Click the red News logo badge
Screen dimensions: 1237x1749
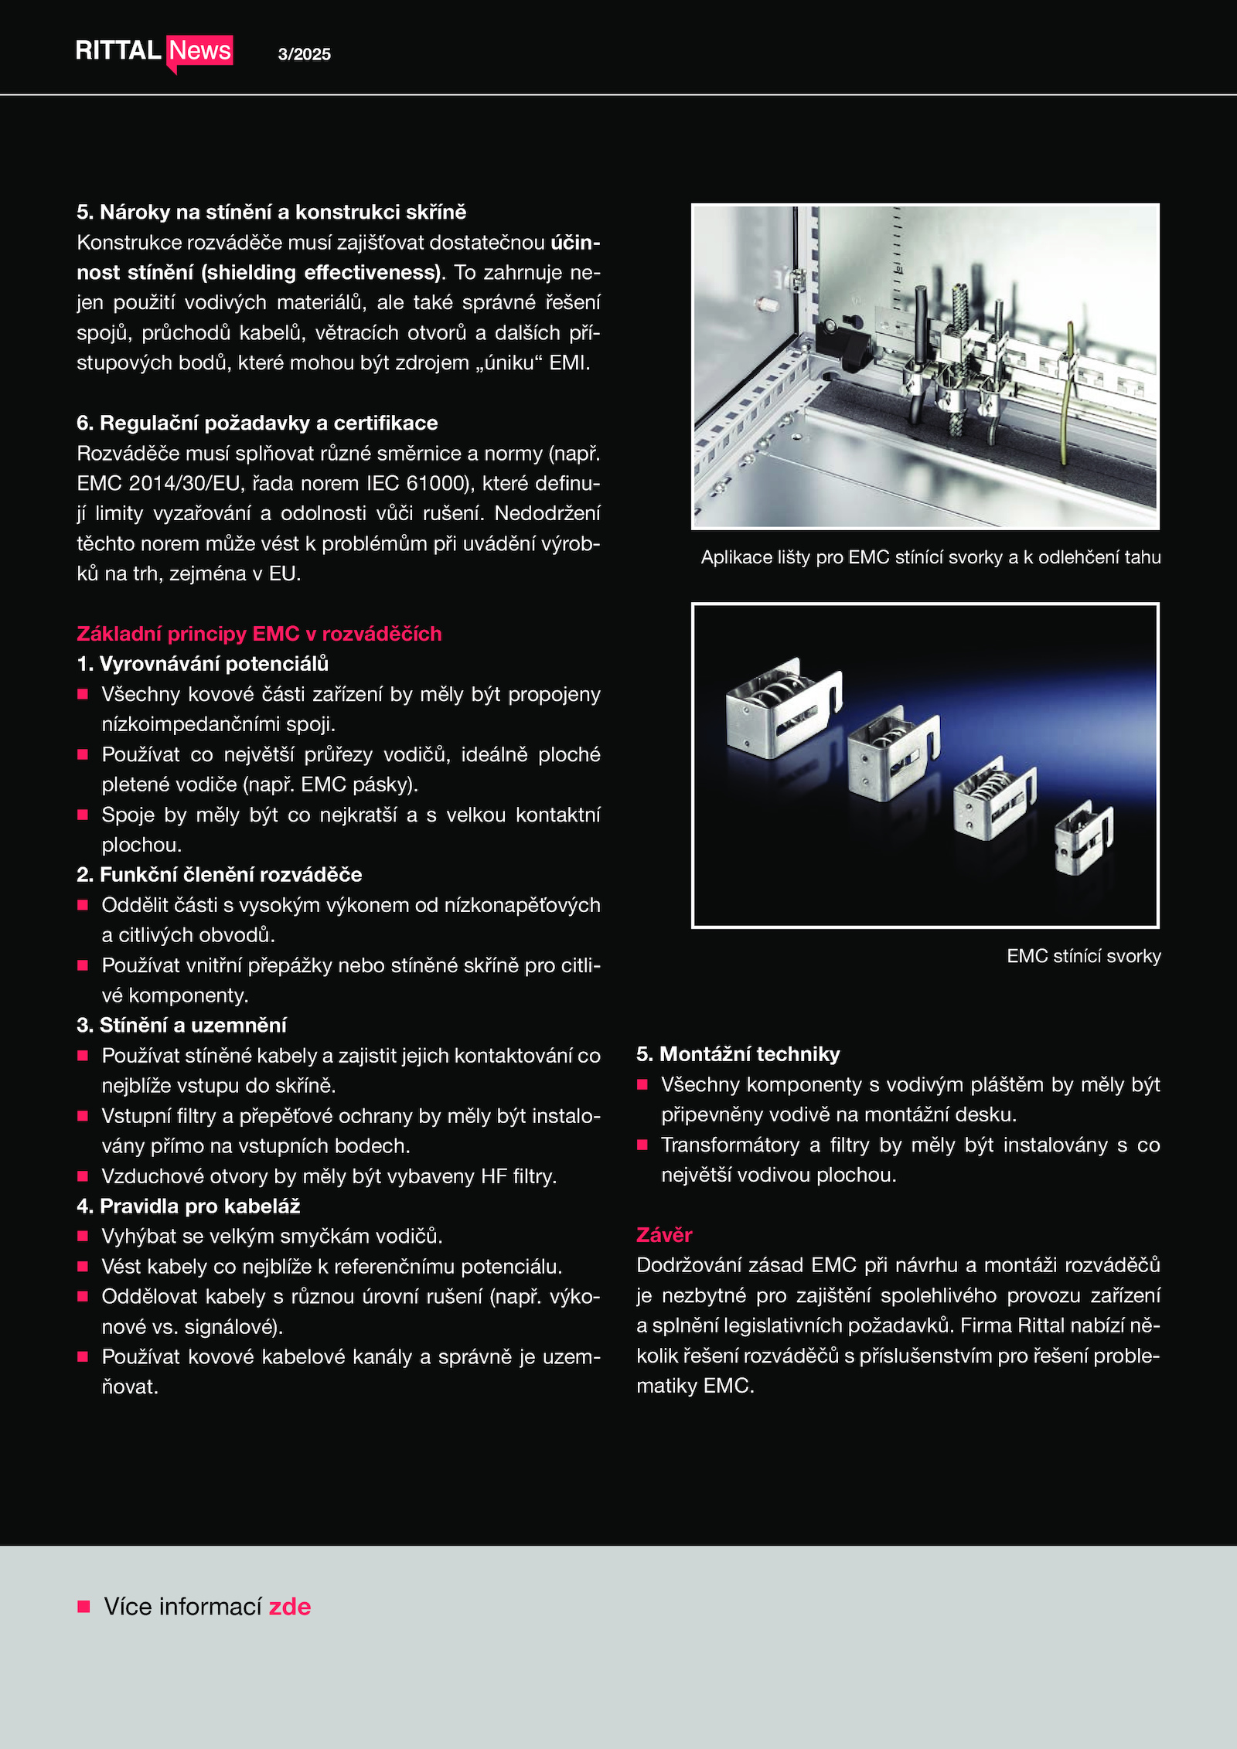[199, 51]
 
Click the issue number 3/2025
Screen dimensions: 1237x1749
[304, 54]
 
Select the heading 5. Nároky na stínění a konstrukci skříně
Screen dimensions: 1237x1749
[271, 213]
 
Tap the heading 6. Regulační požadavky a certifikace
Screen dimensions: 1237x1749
[257, 424]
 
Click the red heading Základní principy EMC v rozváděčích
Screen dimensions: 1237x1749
[259, 634]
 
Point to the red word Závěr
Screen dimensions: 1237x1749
[664, 1235]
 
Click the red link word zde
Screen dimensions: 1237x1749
[290, 1607]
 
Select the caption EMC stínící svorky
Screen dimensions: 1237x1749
[1084, 956]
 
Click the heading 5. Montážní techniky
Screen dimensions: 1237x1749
[738, 1054]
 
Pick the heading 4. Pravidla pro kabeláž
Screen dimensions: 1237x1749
[189, 1206]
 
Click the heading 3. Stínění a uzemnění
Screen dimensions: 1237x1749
[182, 1026]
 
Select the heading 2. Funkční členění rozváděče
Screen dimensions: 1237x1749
[220, 875]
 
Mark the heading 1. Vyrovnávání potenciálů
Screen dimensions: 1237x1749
[203, 664]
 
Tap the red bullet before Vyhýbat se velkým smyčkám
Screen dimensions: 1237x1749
[83, 1237]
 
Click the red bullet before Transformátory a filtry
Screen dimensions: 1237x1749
[642, 1145]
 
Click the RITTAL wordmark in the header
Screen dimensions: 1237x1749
[118, 51]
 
